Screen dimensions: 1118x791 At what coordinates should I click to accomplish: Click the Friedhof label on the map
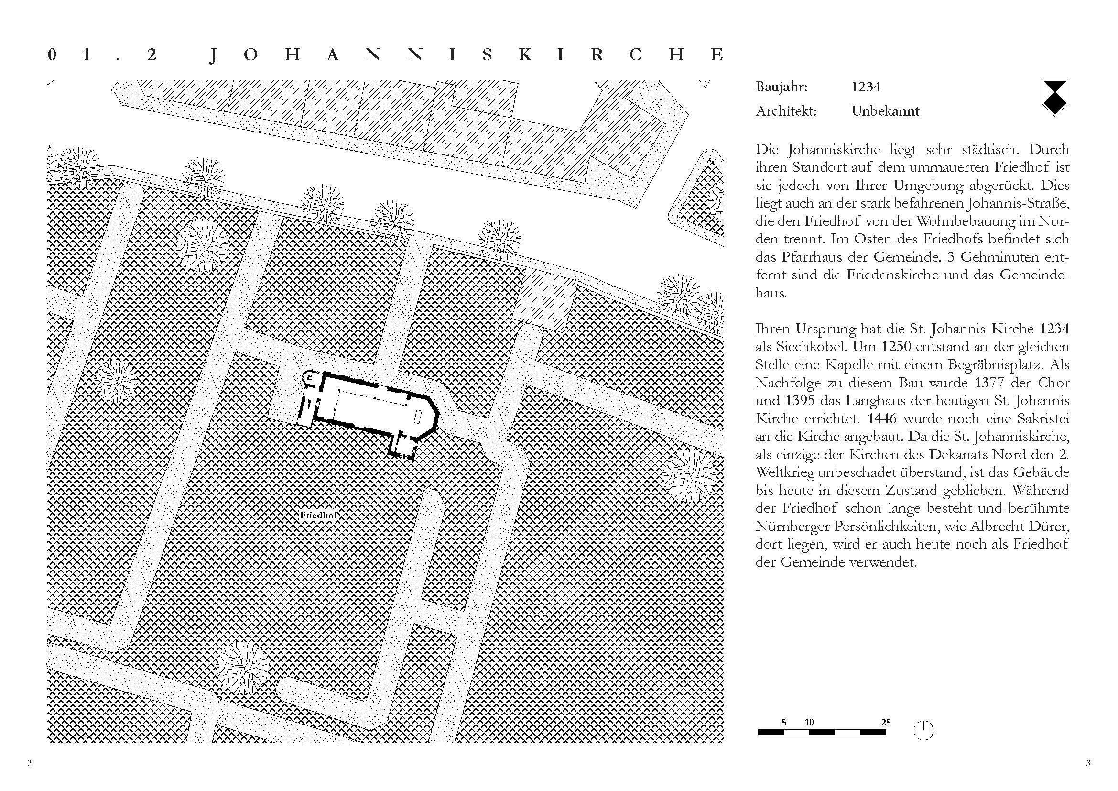click(x=318, y=515)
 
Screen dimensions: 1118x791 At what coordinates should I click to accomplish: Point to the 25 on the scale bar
click(x=886, y=722)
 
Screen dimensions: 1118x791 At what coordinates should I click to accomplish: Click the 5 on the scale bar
click(x=784, y=722)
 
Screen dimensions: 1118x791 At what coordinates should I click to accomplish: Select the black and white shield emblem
click(x=1054, y=98)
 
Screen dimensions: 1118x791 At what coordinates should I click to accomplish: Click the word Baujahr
click(x=782, y=88)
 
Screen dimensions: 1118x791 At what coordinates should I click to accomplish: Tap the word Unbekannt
click(x=885, y=111)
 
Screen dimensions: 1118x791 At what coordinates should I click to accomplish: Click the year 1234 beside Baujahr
click(x=866, y=87)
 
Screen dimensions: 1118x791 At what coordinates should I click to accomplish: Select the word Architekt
click(x=786, y=111)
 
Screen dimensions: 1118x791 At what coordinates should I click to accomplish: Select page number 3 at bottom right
click(x=1089, y=763)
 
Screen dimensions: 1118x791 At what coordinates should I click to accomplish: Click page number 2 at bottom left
click(x=30, y=763)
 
